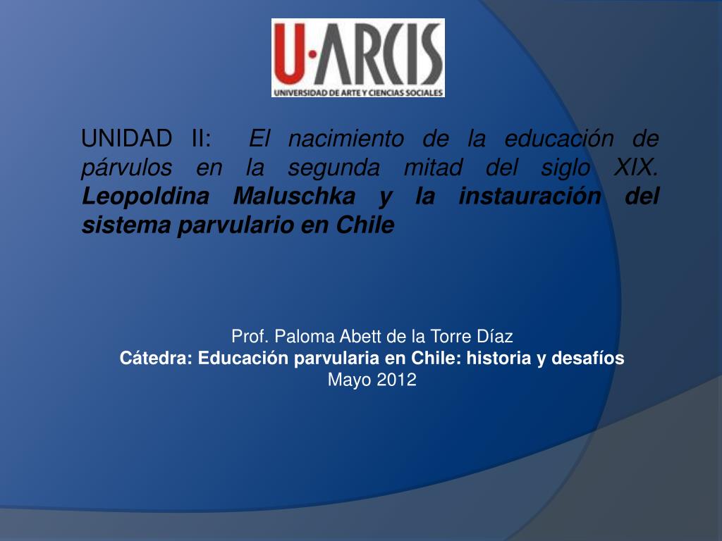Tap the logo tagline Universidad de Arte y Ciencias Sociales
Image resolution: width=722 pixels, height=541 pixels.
tap(358, 92)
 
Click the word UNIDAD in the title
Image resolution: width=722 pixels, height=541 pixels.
tap(126, 138)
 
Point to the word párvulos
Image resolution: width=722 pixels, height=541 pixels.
tap(127, 168)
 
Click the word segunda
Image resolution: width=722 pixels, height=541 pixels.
tap(334, 168)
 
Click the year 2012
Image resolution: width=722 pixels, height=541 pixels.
tap(396, 380)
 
